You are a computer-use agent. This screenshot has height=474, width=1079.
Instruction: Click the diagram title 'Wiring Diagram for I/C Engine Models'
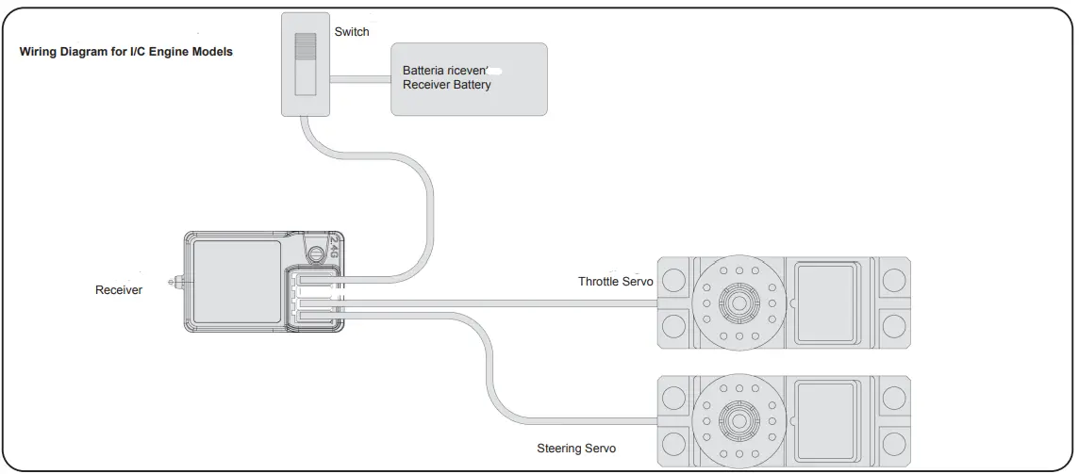click(x=126, y=52)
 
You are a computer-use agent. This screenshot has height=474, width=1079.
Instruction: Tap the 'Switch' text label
click(x=352, y=32)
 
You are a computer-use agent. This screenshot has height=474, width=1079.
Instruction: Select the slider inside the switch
click(x=306, y=64)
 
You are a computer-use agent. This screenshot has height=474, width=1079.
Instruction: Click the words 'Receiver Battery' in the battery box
click(x=446, y=85)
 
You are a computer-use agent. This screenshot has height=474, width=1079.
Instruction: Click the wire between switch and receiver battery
click(x=360, y=79)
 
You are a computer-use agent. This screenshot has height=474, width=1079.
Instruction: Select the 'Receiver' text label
click(x=119, y=290)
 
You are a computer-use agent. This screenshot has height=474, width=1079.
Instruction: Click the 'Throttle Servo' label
click(x=615, y=282)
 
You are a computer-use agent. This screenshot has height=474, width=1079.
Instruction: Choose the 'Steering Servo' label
click(x=576, y=449)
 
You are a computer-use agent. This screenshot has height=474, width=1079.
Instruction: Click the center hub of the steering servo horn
click(x=739, y=416)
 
